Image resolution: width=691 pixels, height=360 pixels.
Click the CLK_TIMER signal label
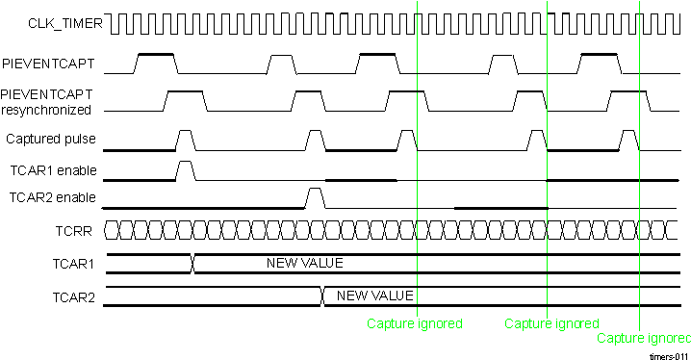point(50,21)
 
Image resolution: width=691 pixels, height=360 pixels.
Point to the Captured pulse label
point(51,140)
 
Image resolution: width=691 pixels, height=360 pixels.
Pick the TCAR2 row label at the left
point(74,296)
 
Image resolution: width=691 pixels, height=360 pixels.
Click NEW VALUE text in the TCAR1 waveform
point(304,263)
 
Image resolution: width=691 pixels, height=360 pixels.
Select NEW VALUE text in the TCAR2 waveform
point(374,296)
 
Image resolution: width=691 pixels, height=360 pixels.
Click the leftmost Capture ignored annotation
point(414,324)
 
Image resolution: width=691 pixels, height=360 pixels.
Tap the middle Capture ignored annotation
point(551,324)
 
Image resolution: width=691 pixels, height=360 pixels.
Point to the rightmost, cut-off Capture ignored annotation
point(643,339)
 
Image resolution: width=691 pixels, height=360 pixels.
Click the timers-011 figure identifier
point(668,355)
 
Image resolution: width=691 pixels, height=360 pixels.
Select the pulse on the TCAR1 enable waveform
point(186,170)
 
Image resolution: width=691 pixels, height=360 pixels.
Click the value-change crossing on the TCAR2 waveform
point(321,296)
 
